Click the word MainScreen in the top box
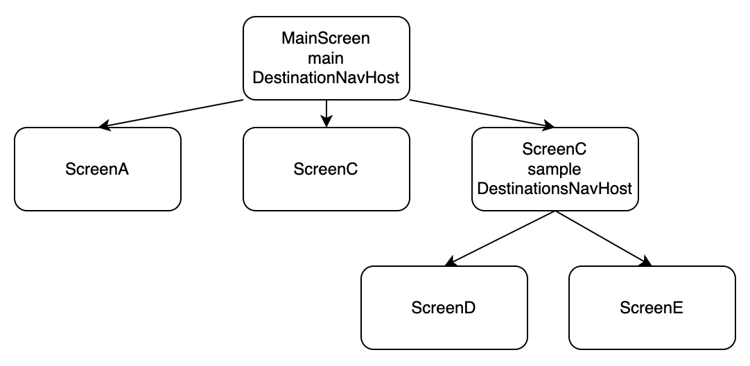326,39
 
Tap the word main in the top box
326,58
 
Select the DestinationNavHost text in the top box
326,78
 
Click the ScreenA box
98,168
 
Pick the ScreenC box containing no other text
326,168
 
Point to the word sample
555,168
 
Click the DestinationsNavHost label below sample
555,188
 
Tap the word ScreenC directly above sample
555,149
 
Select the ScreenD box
444,307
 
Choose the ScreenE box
652,307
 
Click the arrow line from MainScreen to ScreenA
173,114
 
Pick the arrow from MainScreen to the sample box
478,113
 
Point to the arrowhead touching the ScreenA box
105,125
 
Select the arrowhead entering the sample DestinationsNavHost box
548,125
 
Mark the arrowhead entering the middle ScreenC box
326,122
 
